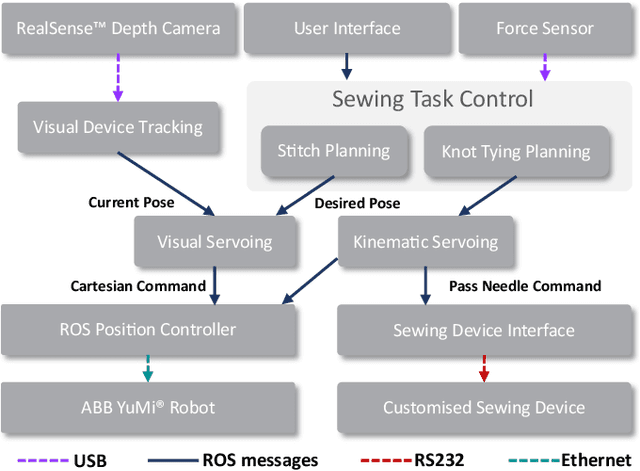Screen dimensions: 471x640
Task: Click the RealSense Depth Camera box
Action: (x=118, y=29)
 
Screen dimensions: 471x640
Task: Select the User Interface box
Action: (x=347, y=29)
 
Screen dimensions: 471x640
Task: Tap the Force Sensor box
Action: (x=544, y=29)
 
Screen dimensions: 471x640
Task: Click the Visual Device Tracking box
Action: (x=117, y=127)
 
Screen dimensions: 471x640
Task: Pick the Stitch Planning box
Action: (x=333, y=151)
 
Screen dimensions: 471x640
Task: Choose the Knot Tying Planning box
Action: (x=516, y=152)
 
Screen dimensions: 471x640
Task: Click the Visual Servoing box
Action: (x=214, y=242)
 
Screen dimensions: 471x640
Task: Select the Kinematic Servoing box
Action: (x=426, y=242)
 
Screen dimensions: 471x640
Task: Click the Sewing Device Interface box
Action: (x=484, y=330)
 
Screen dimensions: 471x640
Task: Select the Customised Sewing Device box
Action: (x=484, y=407)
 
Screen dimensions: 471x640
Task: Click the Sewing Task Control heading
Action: (x=432, y=99)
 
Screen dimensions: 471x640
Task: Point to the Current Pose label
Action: (x=131, y=203)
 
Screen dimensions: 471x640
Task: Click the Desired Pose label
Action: (x=357, y=203)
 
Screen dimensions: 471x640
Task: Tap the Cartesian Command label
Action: (x=138, y=286)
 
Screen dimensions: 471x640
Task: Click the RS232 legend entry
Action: (x=415, y=460)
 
